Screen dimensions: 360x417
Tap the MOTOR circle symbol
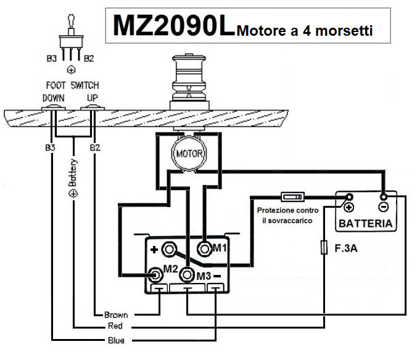click(186, 152)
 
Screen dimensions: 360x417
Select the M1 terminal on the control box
click(204, 248)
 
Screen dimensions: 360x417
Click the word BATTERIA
click(366, 223)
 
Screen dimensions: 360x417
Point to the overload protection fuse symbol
click(291, 197)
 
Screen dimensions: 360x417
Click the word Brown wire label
click(116, 314)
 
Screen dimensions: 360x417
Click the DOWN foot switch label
click(54, 98)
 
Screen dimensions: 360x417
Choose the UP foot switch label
click(92, 98)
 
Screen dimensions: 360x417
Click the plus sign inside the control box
click(154, 250)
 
